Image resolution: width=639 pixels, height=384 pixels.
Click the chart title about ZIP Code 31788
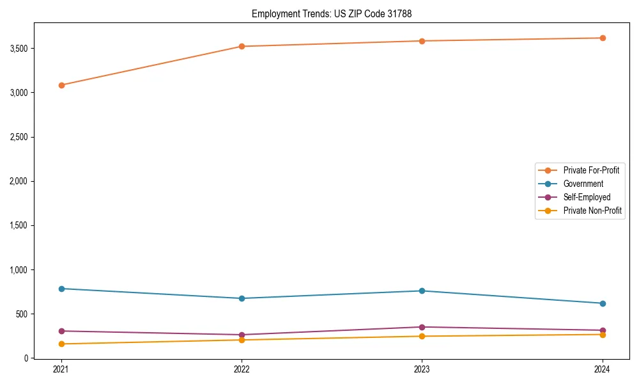336,13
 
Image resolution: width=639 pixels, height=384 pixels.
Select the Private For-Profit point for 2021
61,85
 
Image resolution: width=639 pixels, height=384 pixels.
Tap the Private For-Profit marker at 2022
242,46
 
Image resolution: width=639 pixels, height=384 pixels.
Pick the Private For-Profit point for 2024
603,38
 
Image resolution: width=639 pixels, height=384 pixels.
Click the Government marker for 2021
61,289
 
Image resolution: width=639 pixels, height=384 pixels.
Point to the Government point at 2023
422,291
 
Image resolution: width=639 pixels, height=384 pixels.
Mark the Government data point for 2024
603,303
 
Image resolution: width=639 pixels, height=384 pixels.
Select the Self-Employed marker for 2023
422,327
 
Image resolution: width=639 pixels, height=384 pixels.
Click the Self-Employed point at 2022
242,335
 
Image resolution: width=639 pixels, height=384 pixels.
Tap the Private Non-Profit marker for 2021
61,344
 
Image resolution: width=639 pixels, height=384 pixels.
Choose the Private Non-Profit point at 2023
422,336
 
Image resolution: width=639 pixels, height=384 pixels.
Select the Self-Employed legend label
587,197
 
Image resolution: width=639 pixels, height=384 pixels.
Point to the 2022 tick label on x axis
242,369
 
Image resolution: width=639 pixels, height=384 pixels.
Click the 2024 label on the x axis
603,369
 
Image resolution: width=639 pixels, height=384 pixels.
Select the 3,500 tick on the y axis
25,49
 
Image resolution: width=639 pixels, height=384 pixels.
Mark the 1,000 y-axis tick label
25,270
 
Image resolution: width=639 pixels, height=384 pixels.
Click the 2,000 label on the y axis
25,181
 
